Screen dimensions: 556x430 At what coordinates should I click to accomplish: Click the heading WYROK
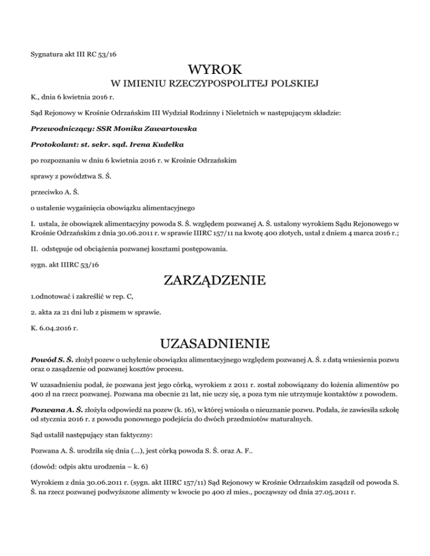[x=215, y=70]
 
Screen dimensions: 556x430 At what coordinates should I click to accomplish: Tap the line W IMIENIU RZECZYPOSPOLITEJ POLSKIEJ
[x=215, y=84]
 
